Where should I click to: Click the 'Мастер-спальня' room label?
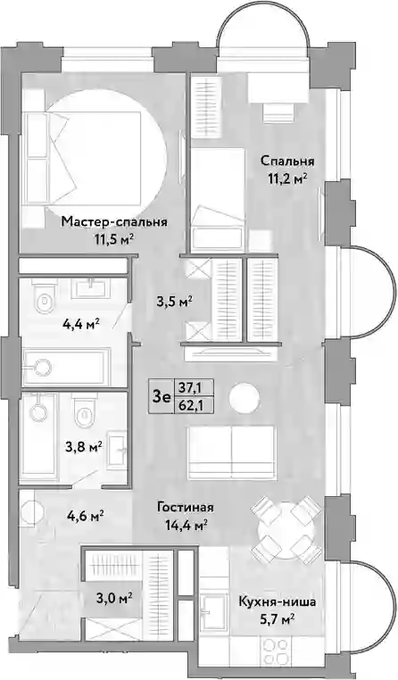click(x=114, y=222)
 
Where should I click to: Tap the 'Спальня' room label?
click(x=287, y=162)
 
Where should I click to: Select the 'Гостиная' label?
click(x=186, y=508)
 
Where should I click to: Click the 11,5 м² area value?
click(x=114, y=239)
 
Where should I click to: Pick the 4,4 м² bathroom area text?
click(x=82, y=324)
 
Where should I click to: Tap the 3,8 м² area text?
click(x=84, y=446)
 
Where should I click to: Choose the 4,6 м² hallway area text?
click(x=85, y=516)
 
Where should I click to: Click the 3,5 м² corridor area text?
click(x=175, y=300)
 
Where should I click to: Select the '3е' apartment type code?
click(x=161, y=396)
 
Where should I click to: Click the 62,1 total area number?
click(x=194, y=406)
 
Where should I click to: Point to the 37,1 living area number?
click(x=194, y=386)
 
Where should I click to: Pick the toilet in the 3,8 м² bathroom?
click(x=83, y=412)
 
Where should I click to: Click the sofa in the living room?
click(x=231, y=450)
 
